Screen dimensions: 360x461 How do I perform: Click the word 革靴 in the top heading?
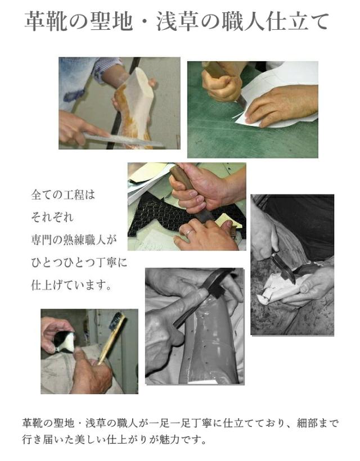(x=47, y=21)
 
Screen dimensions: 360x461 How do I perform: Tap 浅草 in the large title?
(x=178, y=21)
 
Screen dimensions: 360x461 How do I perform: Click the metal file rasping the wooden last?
(x=124, y=140)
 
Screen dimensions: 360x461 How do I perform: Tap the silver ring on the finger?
(x=189, y=233)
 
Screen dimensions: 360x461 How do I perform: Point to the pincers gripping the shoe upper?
(x=284, y=268)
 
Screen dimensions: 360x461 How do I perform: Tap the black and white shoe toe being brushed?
(x=65, y=342)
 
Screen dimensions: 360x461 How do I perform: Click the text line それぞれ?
(x=52, y=217)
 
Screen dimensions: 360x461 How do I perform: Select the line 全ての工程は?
(x=63, y=195)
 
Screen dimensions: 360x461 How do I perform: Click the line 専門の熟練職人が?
(x=74, y=239)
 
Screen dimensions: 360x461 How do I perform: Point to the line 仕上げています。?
(x=71, y=285)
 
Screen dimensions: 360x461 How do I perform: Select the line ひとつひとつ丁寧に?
(x=79, y=262)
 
